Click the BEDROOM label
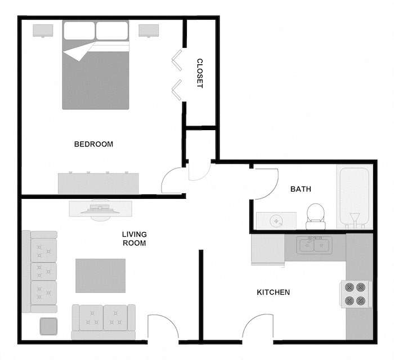point(93,144)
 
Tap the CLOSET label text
point(199,73)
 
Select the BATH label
point(301,189)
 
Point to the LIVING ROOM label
point(134,239)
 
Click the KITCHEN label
point(273,292)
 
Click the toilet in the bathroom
point(315,216)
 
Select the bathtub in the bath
point(353,197)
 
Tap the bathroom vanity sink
point(276,221)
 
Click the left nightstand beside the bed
point(43,30)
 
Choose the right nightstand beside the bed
point(149,30)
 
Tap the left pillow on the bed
point(79,31)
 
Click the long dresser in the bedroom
point(98,183)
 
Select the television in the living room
point(100,208)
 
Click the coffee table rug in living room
point(101,275)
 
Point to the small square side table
point(48,326)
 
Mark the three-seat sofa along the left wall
point(40,272)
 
